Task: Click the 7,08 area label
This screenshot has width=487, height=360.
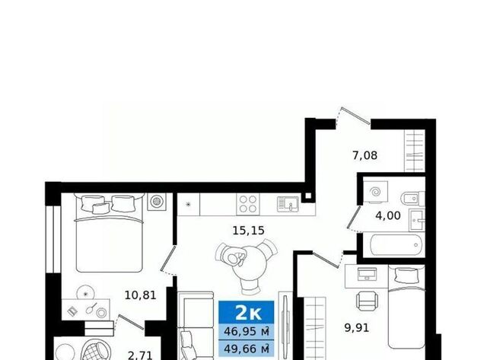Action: [x=365, y=155]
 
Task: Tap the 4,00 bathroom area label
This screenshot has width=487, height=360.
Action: [x=388, y=215]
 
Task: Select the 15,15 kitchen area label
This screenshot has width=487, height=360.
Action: [x=249, y=231]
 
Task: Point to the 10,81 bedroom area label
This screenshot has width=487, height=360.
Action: [x=140, y=295]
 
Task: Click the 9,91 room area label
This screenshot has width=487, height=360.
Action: [x=357, y=328]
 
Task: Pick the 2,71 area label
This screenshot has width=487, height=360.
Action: [x=140, y=355]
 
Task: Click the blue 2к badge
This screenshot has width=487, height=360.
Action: [x=247, y=313]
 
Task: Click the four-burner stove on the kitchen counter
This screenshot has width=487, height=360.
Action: [x=248, y=204]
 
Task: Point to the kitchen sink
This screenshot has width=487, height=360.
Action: [x=288, y=204]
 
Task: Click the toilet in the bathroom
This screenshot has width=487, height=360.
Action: [x=413, y=199]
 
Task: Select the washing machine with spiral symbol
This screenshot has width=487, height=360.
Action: [x=376, y=193]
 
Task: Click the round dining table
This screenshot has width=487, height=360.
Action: [x=248, y=263]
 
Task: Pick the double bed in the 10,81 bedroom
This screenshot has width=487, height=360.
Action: [x=110, y=232]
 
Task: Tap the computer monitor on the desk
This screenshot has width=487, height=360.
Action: [x=368, y=273]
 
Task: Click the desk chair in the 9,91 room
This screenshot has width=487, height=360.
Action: [x=368, y=301]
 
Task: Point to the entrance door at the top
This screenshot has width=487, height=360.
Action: [x=355, y=116]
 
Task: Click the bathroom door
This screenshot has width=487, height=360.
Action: [x=354, y=217]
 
